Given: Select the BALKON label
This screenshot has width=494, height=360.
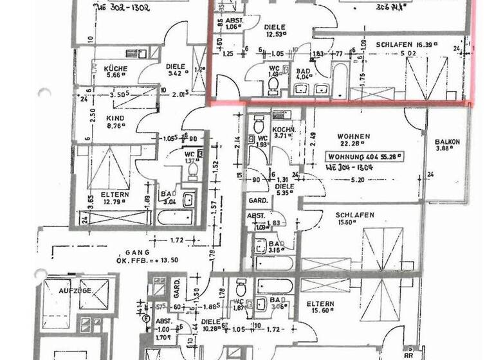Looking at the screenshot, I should pyautogui.click(x=446, y=141).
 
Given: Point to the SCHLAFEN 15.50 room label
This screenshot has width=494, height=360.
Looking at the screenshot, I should pyautogui.click(x=354, y=215).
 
